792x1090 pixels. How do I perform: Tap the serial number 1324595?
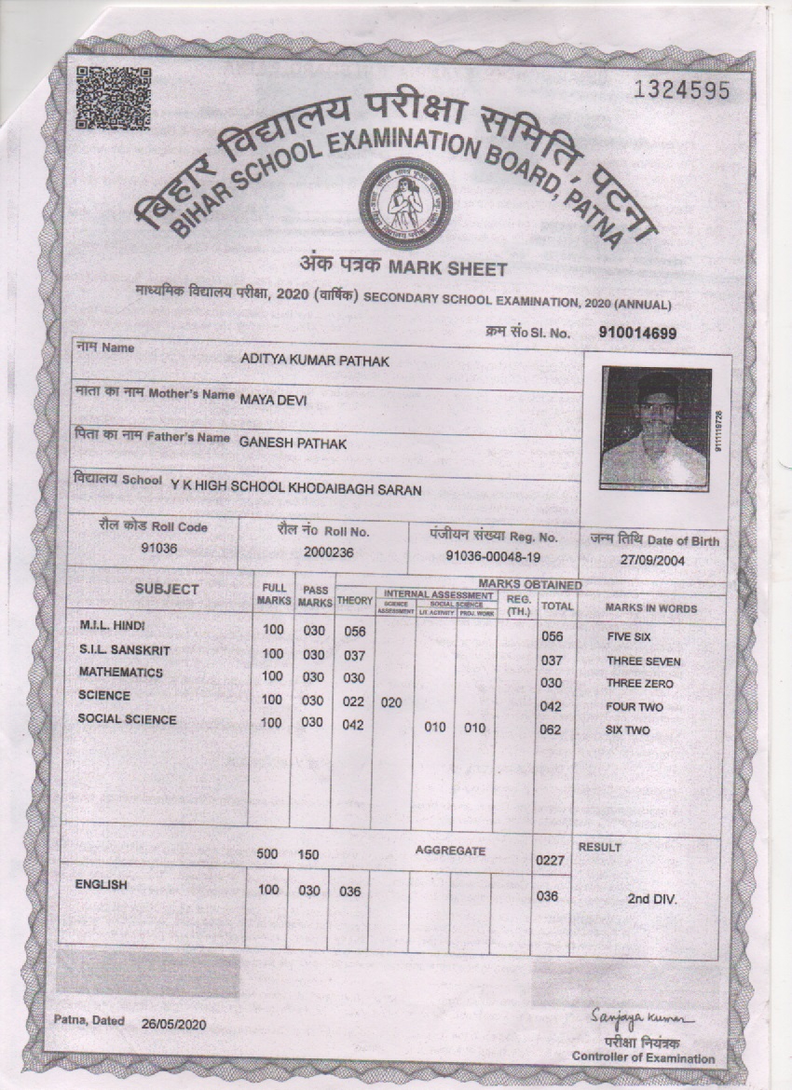pyautogui.click(x=681, y=89)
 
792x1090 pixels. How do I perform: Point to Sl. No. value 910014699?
pyautogui.click(x=637, y=334)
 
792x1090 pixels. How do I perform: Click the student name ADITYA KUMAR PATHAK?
pyautogui.click(x=315, y=361)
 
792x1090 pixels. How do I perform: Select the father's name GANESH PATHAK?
pyautogui.click(x=293, y=443)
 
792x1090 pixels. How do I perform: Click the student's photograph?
pyautogui.click(x=655, y=426)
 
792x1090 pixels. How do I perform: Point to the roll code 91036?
pyautogui.click(x=158, y=549)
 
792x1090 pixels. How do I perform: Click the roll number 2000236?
pyautogui.click(x=322, y=552)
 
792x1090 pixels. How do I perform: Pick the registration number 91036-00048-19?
pyautogui.click(x=493, y=556)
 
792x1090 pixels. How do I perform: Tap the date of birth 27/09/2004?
pyautogui.click(x=654, y=561)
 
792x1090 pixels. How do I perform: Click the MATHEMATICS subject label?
pyautogui.click(x=120, y=672)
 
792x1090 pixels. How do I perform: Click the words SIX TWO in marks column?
pyautogui.click(x=627, y=730)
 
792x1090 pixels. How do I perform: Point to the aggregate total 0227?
pyautogui.click(x=550, y=861)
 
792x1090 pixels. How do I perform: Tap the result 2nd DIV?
pyautogui.click(x=651, y=900)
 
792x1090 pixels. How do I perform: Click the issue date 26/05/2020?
pyautogui.click(x=175, y=1023)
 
